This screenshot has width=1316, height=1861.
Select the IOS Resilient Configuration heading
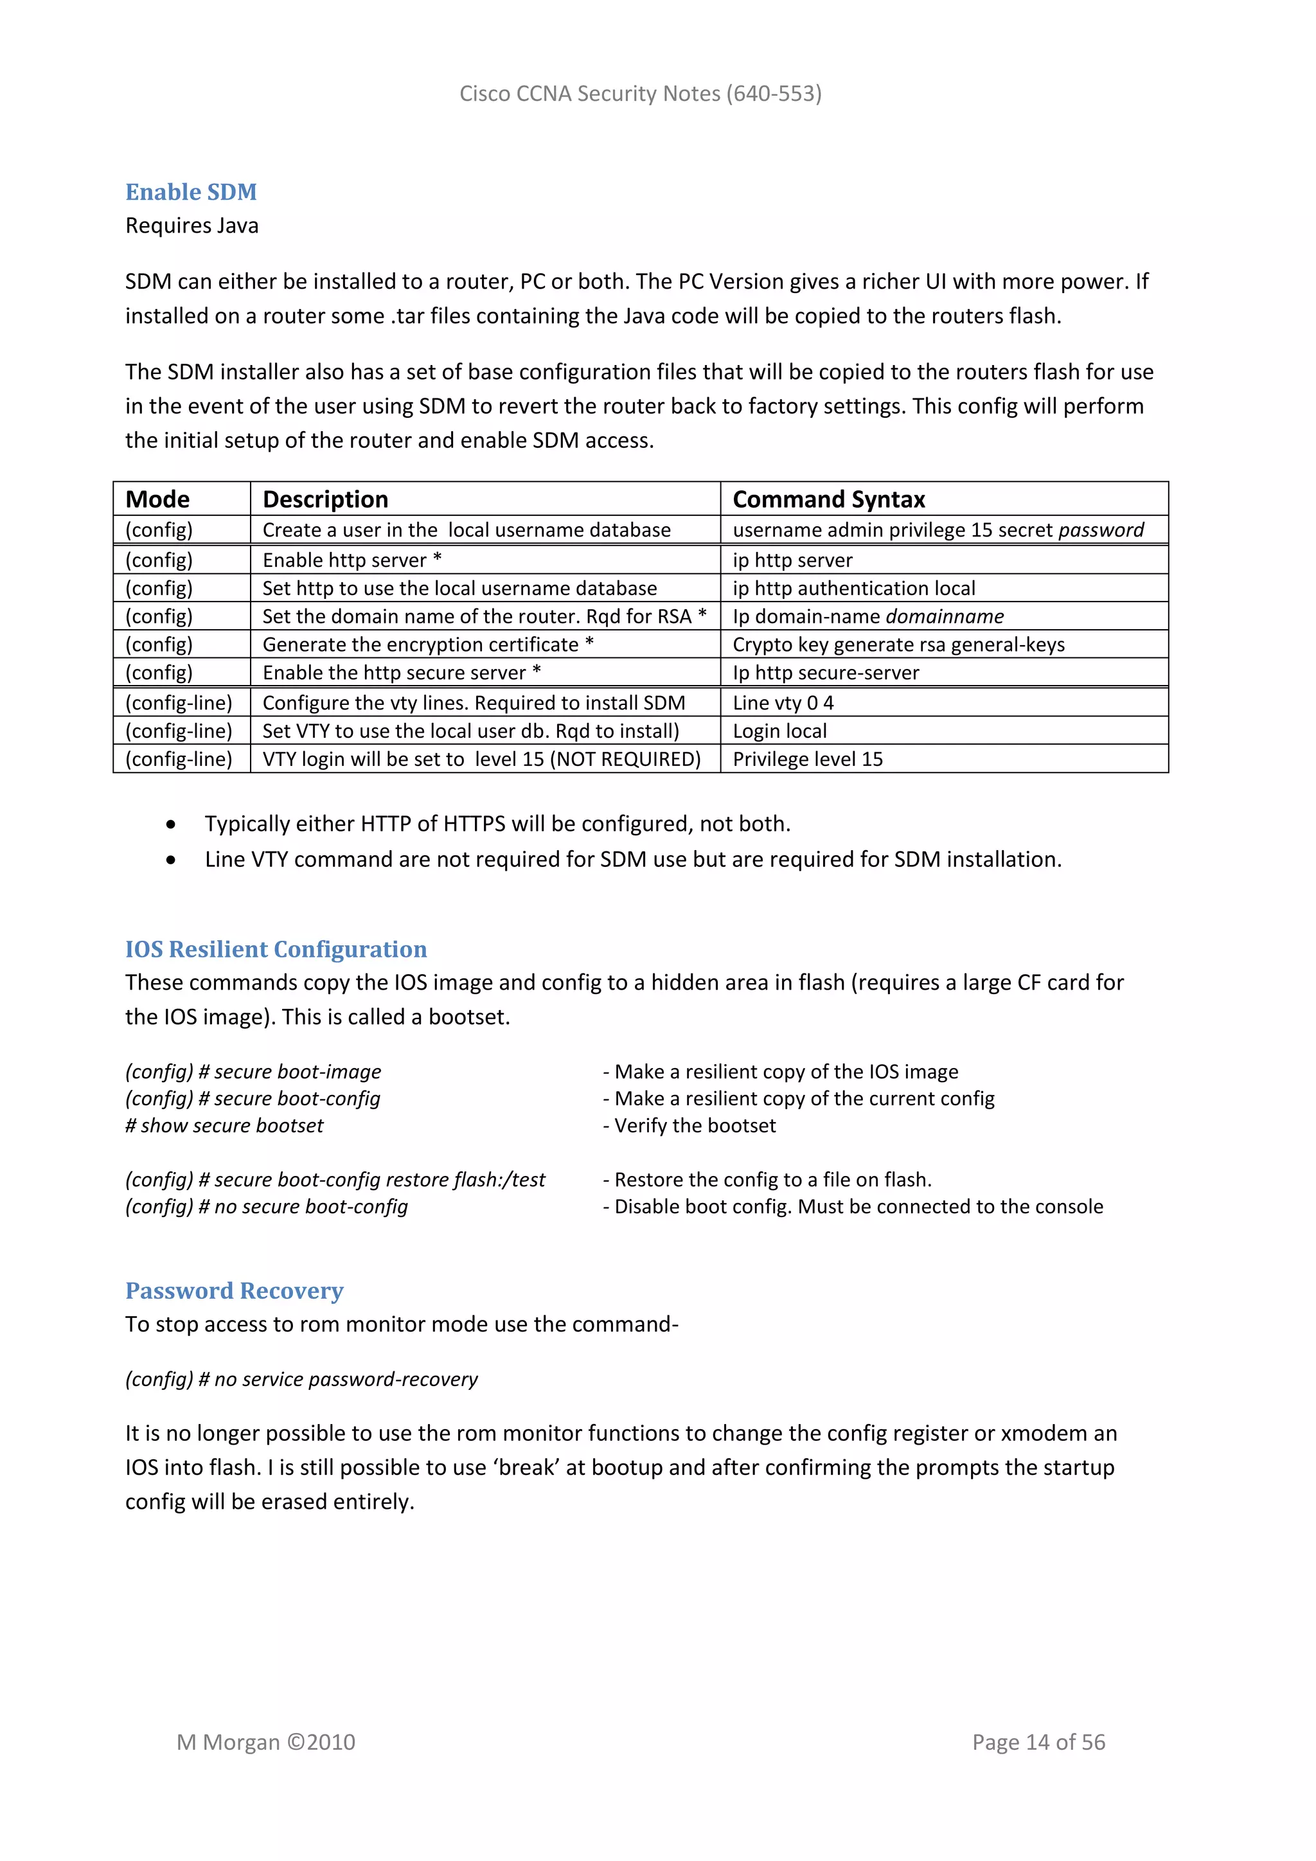[276, 949]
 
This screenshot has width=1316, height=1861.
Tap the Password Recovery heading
[234, 1290]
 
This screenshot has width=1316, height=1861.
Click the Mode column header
[157, 499]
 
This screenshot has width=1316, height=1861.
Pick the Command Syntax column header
[828, 499]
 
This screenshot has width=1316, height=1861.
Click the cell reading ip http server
[792, 560]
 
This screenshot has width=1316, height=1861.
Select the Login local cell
[779, 731]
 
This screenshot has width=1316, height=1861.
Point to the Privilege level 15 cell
[807, 760]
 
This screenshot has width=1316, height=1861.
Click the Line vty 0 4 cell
[783, 703]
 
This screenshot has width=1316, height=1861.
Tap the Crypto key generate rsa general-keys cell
[898, 645]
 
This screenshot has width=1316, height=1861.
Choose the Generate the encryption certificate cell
[428, 645]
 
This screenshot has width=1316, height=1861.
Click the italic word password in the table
[1101, 530]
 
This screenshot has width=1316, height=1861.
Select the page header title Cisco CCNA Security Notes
[640, 94]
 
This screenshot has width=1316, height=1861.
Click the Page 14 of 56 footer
[1038, 1742]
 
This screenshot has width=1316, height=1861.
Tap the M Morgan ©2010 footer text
[266, 1742]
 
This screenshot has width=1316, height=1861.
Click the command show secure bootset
[224, 1126]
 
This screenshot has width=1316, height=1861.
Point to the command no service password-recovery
[301, 1380]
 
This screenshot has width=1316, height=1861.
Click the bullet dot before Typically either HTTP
[170, 825]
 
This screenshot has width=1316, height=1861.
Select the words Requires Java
[192, 226]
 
